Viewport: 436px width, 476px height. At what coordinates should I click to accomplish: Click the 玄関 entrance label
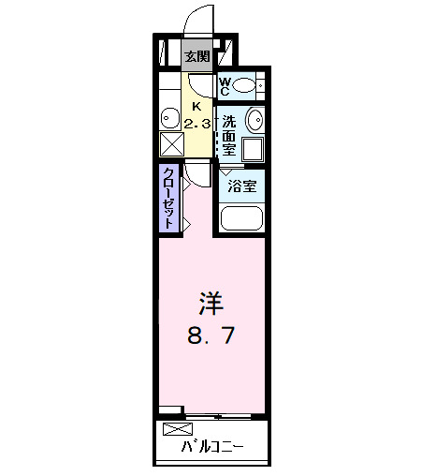(x=196, y=56)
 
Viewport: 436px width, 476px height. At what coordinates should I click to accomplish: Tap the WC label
(x=225, y=87)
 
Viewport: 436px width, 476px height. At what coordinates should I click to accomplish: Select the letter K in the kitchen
(x=196, y=106)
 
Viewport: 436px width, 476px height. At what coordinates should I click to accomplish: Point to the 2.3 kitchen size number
(x=196, y=123)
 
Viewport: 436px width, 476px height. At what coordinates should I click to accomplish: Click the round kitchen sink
(x=169, y=118)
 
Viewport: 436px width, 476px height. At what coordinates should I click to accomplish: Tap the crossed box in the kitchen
(x=172, y=144)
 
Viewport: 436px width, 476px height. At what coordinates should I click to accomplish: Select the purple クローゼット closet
(x=169, y=198)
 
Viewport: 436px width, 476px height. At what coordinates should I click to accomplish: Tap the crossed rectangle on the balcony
(x=176, y=429)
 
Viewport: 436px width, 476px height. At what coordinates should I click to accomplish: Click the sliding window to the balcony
(x=225, y=413)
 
